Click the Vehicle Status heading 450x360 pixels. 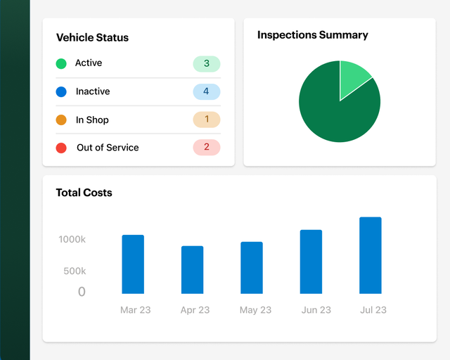point(92,38)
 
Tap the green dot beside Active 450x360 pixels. point(61,64)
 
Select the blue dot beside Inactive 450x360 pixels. point(61,91)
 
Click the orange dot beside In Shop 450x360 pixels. point(61,120)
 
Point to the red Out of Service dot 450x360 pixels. point(61,148)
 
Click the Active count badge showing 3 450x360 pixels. point(206,64)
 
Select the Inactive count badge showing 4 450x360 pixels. point(206,91)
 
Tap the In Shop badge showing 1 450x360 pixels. point(206,120)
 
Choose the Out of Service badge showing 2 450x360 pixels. point(206,147)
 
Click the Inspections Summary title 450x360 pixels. point(312,35)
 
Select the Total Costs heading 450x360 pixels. point(84,193)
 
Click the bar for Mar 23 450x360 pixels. point(133,264)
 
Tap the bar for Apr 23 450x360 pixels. point(192,270)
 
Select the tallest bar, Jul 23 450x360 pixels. point(371,255)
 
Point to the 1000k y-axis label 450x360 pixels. point(72,240)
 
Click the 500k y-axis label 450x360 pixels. point(75,271)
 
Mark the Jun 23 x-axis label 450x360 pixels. point(316,310)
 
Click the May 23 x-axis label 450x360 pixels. point(255,310)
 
